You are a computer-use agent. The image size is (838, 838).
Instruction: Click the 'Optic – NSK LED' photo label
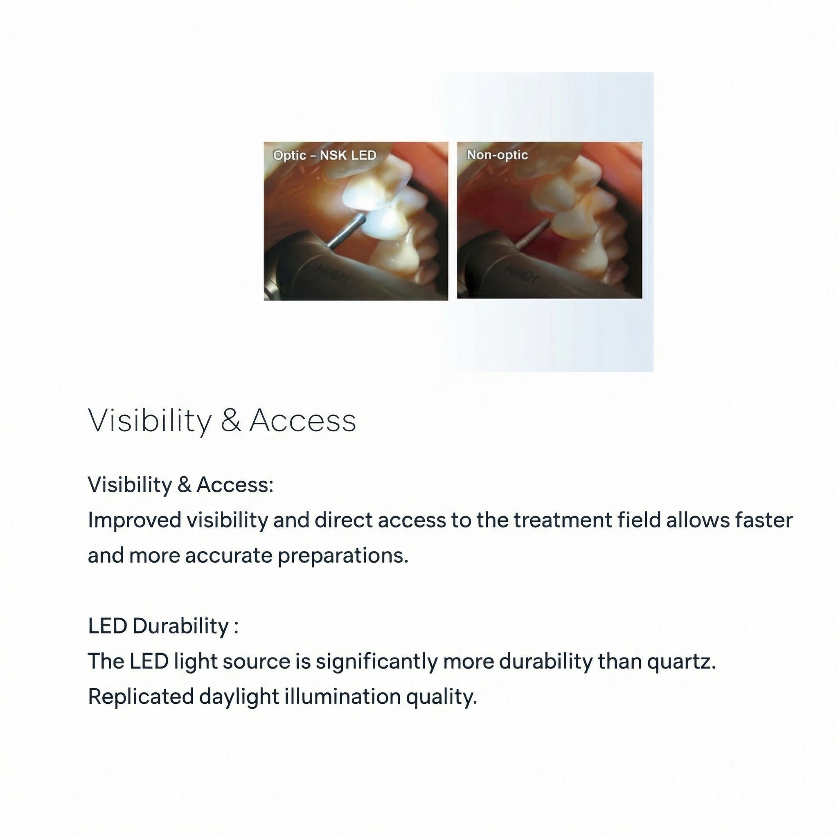324,155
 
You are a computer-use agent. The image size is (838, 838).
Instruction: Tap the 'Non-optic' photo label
497,155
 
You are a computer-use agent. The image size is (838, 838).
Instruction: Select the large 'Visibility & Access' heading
222,420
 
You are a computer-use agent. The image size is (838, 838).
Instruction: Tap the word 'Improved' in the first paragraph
135,520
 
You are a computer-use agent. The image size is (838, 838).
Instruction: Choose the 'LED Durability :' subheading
164,626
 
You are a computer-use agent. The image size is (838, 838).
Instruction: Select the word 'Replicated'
141,697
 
